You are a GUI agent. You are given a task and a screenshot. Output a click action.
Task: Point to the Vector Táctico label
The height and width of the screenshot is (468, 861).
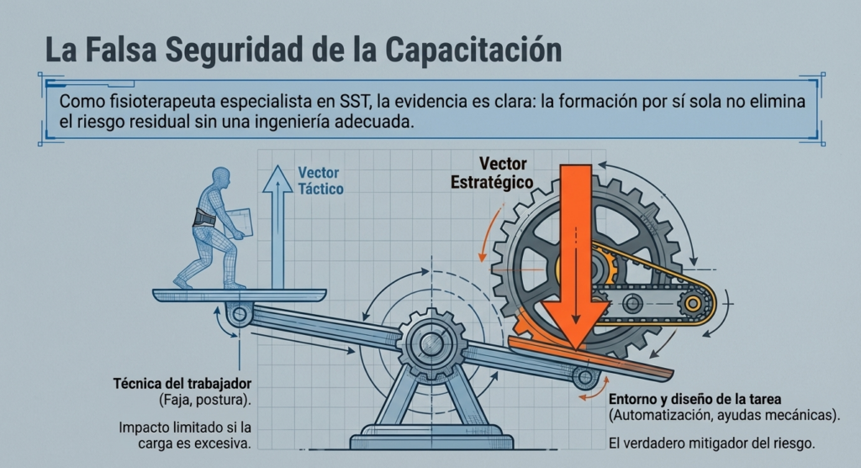(320, 181)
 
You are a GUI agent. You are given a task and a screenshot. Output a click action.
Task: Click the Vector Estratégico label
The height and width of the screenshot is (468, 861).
(491, 173)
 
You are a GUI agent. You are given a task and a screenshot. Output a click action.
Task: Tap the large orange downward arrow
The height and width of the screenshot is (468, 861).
(575, 257)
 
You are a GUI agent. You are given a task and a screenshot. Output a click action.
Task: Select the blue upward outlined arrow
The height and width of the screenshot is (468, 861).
(277, 226)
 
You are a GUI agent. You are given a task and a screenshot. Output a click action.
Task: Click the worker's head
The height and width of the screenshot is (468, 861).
(221, 178)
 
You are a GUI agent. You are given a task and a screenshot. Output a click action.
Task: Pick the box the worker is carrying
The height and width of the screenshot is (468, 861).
(240, 223)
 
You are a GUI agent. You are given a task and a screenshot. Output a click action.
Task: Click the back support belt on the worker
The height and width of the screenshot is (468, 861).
(204, 218)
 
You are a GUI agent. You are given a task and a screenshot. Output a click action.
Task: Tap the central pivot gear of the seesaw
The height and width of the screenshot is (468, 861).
(432, 343)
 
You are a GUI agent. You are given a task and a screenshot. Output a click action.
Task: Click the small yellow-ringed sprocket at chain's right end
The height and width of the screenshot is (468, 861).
(693, 303)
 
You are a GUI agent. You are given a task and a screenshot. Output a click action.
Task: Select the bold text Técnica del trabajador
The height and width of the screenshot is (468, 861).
(182, 383)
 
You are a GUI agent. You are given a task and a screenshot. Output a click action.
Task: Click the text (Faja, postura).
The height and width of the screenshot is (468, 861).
(205, 400)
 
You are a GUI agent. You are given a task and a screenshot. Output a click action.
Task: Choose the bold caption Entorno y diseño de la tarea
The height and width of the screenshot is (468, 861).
(695, 399)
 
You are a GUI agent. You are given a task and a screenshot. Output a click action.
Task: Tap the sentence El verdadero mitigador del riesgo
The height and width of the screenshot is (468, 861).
(711, 443)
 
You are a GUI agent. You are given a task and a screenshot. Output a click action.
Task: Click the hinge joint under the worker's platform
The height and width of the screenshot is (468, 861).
(240, 315)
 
